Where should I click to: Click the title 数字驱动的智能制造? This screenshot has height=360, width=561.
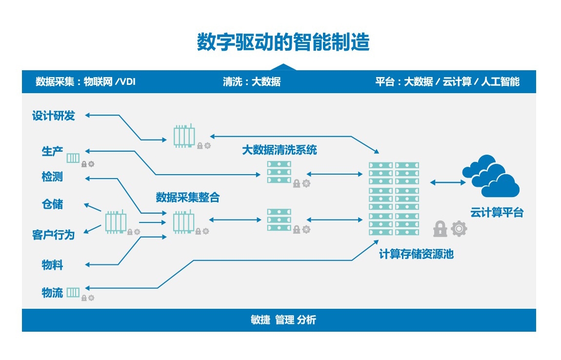click(x=283, y=42)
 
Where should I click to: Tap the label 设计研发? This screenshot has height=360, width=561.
click(x=54, y=116)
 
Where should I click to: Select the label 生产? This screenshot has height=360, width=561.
click(x=52, y=151)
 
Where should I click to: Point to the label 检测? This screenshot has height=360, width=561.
click(x=52, y=177)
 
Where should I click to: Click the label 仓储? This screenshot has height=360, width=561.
click(x=52, y=204)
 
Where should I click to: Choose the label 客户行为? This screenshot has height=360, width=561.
click(x=53, y=235)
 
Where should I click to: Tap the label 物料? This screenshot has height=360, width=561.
click(x=52, y=265)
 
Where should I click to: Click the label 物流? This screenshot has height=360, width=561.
click(x=52, y=293)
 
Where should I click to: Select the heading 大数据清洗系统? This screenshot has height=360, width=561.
click(x=280, y=150)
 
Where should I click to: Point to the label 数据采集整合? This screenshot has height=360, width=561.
click(x=187, y=197)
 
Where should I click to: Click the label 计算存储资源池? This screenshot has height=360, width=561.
click(x=416, y=254)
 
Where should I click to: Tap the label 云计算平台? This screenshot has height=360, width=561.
click(x=497, y=213)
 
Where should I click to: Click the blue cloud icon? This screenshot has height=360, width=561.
click(x=491, y=176)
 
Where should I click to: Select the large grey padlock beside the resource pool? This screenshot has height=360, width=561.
click(x=440, y=229)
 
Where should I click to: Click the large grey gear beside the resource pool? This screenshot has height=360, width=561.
click(x=459, y=229)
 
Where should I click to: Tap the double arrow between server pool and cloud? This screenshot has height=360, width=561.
click(x=448, y=182)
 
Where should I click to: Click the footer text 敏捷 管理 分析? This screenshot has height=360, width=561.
click(x=283, y=320)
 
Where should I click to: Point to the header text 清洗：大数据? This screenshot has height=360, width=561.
click(x=252, y=81)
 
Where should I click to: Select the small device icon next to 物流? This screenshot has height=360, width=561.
click(x=73, y=293)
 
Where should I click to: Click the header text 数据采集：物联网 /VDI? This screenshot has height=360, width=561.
click(x=85, y=81)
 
